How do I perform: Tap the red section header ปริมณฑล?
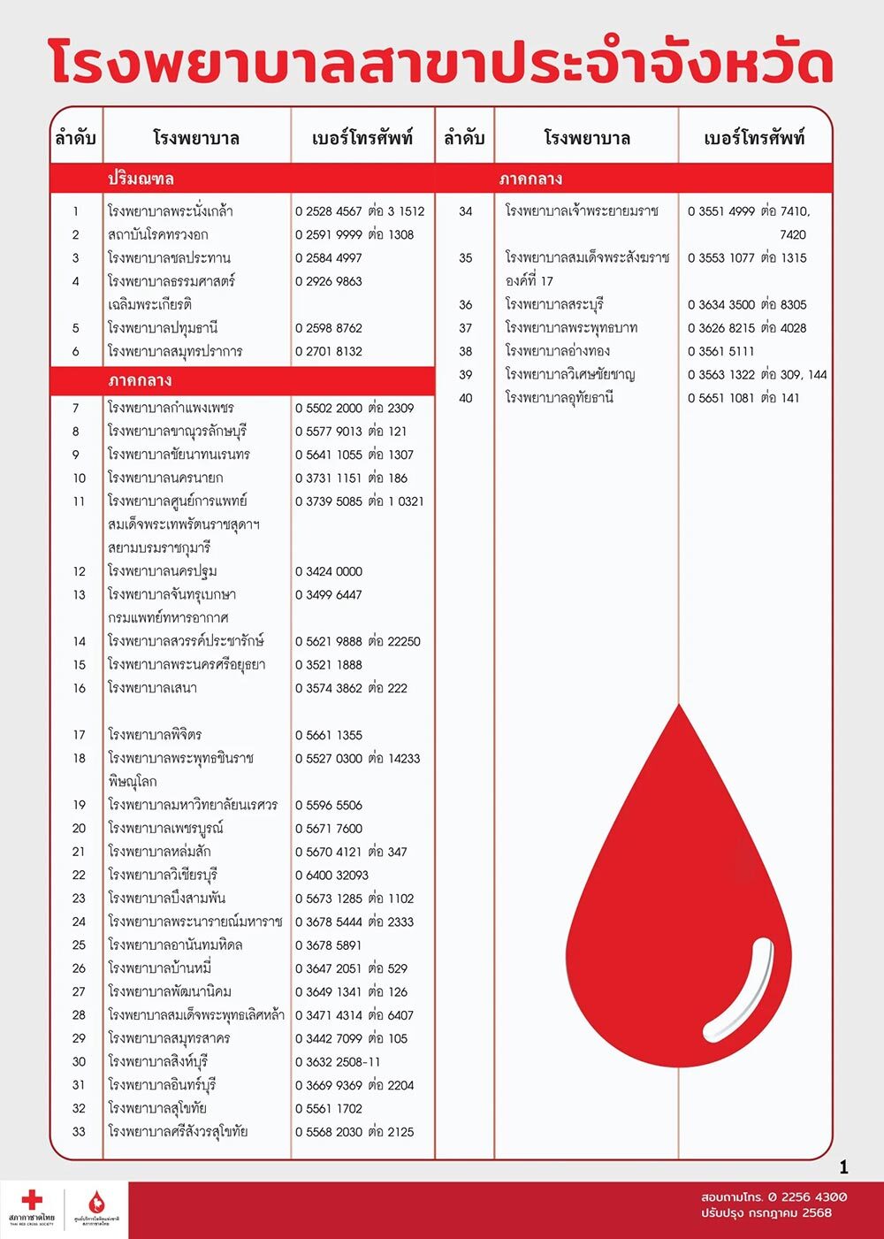[x=141, y=179]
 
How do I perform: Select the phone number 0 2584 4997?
[x=329, y=258]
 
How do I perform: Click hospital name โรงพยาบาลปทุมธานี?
[x=163, y=328]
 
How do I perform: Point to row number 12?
[x=80, y=571]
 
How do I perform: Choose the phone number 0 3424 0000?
[x=329, y=571]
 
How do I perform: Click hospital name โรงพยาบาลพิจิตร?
[x=155, y=735]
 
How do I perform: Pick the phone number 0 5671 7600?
[x=329, y=829]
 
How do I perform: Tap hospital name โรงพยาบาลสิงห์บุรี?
[x=157, y=1061]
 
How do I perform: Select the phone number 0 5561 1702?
[x=329, y=1108]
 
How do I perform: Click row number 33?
[x=80, y=1132]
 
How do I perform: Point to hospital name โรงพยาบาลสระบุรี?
[x=554, y=304]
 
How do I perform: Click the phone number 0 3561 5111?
[x=721, y=351]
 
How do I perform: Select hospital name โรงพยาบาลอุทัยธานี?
[x=560, y=398]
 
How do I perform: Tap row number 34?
[x=466, y=211]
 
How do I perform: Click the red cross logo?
[x=32, y=1200]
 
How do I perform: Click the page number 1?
[x=844, y=1167]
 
